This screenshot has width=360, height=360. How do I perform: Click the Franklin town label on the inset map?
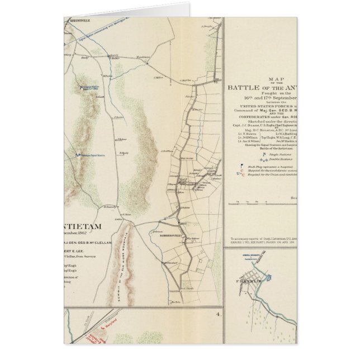point(250,282)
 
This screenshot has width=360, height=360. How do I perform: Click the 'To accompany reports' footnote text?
point(263,238)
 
